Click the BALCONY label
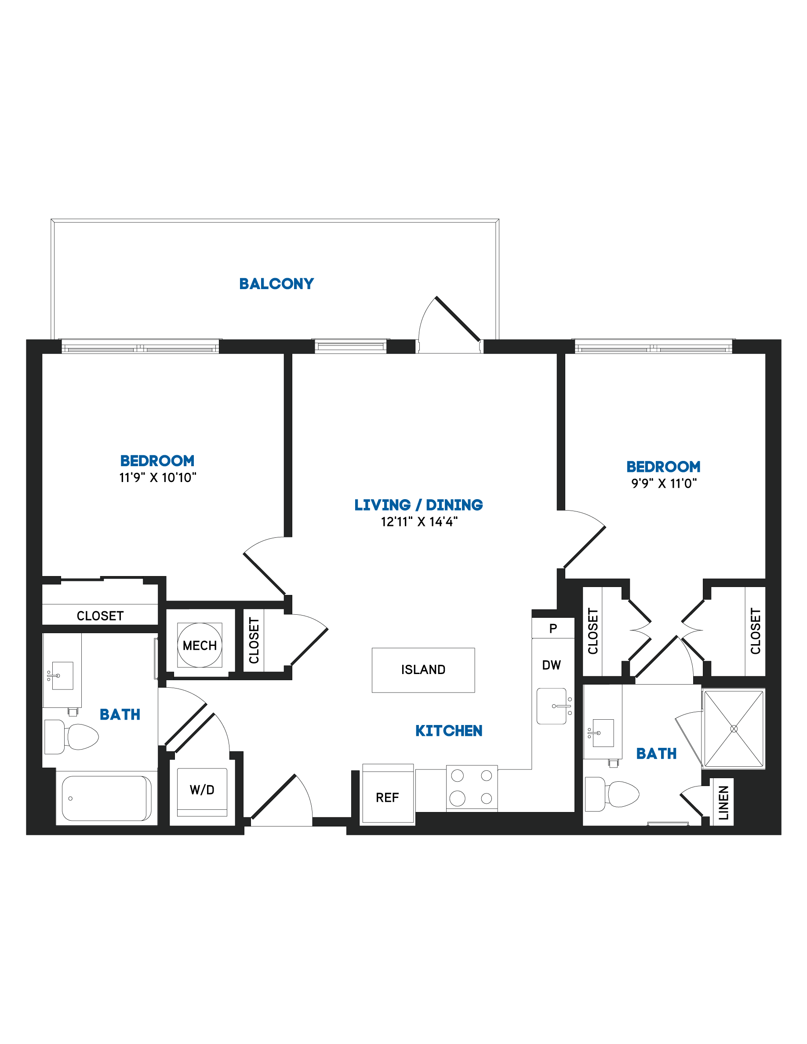point(276,283)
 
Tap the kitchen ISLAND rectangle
point(423,670)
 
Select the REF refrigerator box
point(388,793)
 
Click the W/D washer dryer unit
point(202,792)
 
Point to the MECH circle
point(200,645)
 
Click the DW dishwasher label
point(551,665)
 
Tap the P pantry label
point(553,628)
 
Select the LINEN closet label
point(723,803)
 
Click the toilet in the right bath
point(612,794)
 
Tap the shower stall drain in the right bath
point(734,729)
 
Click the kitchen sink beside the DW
point(554,706)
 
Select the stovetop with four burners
point(472,788)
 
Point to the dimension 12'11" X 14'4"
point(419,522)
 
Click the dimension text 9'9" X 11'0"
point(664,483)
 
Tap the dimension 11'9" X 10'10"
point(158,478)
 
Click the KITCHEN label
point(448,730)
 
